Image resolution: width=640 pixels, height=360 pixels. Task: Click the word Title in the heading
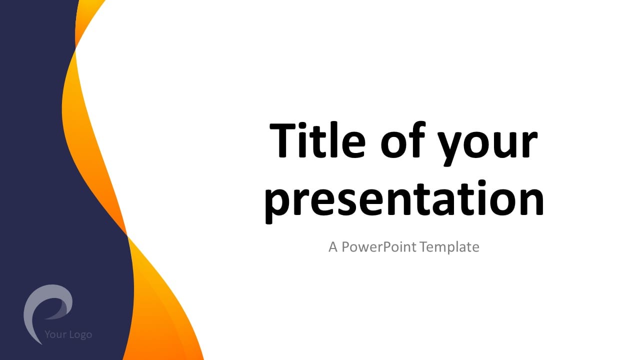317,139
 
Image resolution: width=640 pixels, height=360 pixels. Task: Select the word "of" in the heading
403,139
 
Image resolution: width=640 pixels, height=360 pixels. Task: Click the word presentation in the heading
404,201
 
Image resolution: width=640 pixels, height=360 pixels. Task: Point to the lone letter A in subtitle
333,247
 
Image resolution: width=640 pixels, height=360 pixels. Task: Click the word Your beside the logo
55,334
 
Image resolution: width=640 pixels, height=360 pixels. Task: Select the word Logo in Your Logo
81,334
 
